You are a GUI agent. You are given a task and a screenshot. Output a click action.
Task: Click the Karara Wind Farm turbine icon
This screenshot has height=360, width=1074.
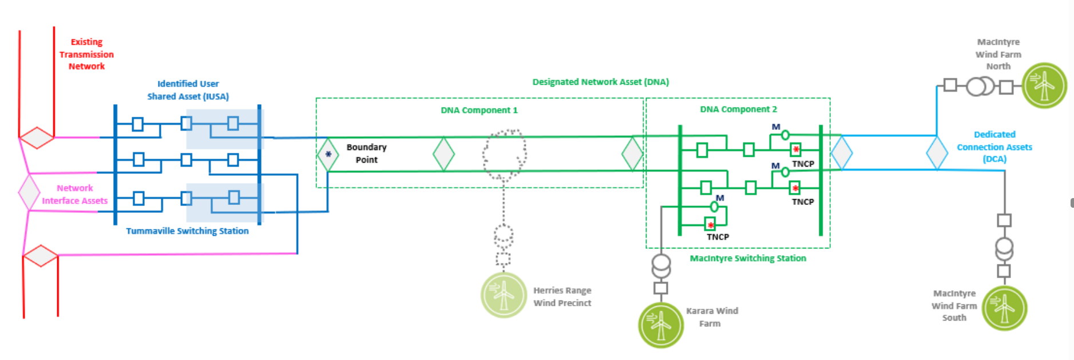point(660,325)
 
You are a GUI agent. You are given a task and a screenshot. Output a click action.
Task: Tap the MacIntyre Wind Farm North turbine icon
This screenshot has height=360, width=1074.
point(1044,86)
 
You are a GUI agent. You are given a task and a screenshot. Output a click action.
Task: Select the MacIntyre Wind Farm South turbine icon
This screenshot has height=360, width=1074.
point(1004,308)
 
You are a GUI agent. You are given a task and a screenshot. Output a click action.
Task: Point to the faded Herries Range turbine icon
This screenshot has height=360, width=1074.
point(504,295)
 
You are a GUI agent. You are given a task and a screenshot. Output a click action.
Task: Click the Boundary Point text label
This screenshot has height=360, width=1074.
point(366,153)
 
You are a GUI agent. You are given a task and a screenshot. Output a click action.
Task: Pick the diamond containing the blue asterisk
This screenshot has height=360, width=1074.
point(328,155)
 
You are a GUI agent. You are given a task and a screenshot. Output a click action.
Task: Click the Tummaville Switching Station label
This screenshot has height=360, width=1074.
point(187,231)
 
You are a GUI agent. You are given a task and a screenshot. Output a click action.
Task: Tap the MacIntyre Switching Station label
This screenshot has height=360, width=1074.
point(747,259)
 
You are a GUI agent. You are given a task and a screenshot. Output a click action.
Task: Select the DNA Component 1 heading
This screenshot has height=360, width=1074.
point(479,110)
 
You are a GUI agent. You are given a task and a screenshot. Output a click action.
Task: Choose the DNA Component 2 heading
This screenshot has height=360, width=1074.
point(738,109)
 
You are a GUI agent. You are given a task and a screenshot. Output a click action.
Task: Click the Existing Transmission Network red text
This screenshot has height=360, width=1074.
point(86,54)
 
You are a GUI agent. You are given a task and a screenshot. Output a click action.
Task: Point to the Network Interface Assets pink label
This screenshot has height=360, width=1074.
point(74,195)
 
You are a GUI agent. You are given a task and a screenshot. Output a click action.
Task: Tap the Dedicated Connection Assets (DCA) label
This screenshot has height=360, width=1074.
point(994,147)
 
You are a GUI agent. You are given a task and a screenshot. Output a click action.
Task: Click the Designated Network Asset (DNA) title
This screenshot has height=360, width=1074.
point(600,82)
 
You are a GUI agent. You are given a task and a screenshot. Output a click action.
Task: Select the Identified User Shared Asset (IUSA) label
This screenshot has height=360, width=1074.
point(188,90)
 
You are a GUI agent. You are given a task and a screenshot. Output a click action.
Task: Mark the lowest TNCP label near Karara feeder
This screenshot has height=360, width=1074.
point(718,237)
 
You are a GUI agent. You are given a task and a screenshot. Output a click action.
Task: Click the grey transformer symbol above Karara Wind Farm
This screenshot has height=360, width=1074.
point(661,265)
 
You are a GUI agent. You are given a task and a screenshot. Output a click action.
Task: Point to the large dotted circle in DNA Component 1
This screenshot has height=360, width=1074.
point(504,153)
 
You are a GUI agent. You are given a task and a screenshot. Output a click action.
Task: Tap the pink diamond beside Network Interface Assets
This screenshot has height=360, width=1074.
point(29,192)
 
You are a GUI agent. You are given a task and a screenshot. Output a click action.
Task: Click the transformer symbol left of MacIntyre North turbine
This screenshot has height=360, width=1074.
point(980,86)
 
